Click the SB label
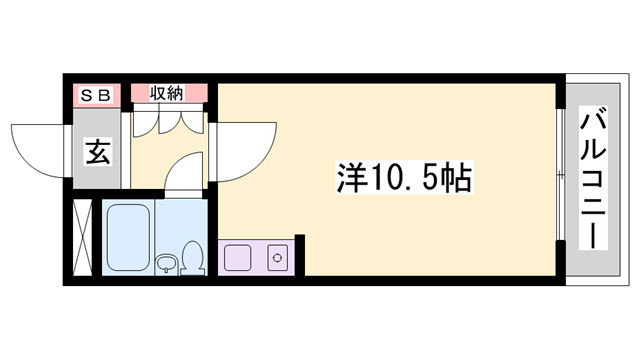pos(97,94)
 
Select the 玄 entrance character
pos(97,153)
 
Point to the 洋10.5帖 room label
pos(403,180)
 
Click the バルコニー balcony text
pos(591,180)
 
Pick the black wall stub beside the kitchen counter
pos(298,255)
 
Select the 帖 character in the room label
pos(456,180)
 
